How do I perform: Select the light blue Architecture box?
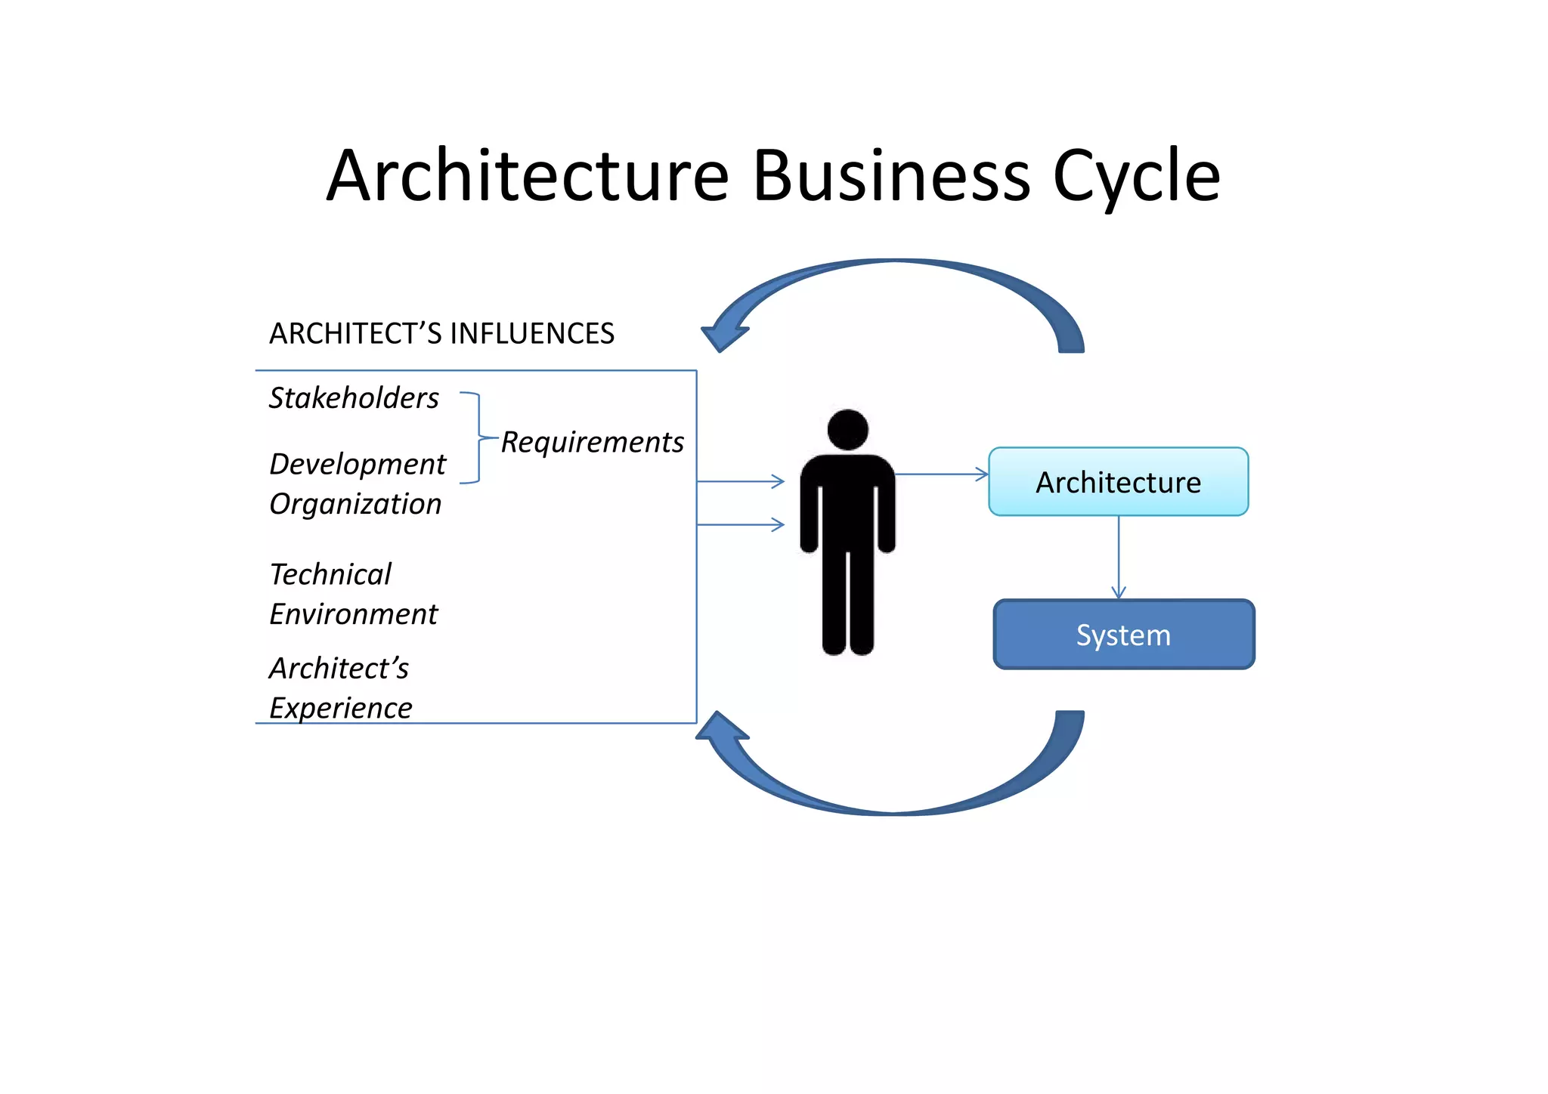click(1118, 482)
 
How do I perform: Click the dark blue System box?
click(1123, 635)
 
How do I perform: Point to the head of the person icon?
click(847, 430)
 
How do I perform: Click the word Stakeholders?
click(354, 398)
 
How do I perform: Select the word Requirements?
click(592, 443)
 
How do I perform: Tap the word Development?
click(358, 465)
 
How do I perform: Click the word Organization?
click(355, 504)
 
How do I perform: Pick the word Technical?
click(330, 574)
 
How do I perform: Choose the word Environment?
click(353, 614)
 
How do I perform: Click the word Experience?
click(341, 708)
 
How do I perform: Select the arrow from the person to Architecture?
click(942, 474)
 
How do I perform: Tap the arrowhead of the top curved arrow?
click(722, 335)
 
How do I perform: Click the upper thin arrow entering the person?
click(741, 481)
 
